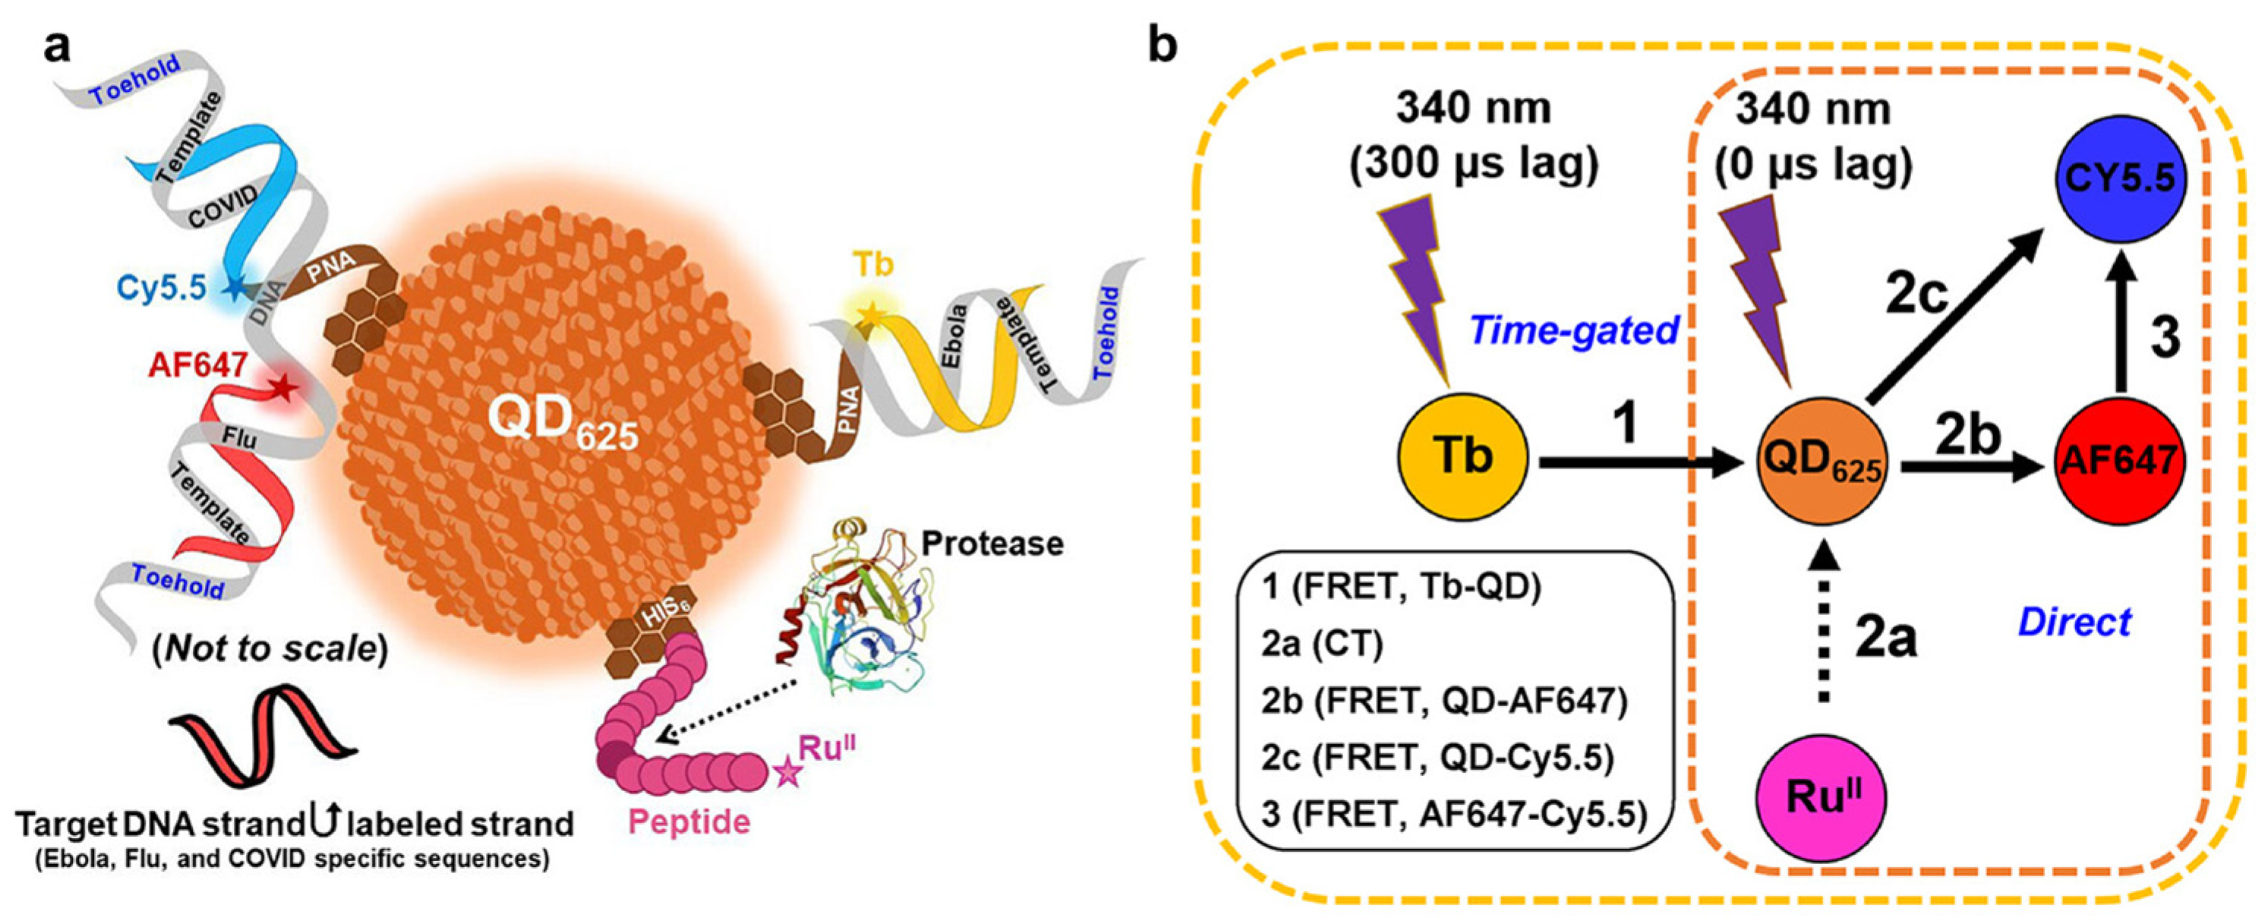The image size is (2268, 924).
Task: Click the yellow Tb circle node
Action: [x=1462, y=458]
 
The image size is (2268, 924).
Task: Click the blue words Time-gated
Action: [x=1574, y=330]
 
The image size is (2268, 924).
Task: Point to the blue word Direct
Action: [x=2074, y=622]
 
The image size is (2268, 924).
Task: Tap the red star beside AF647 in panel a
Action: [x=283, y=386]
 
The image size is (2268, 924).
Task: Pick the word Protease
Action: [x=992, y=544]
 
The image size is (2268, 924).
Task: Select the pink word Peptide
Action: [x=689, y=822]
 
